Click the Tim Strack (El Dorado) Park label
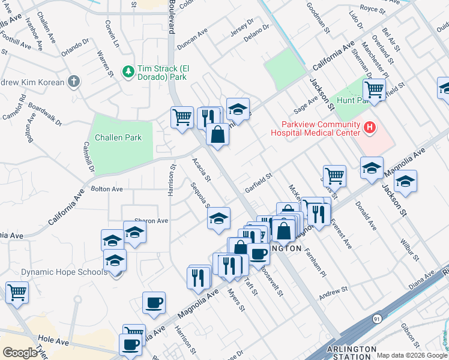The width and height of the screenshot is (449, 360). (x=163, y=73)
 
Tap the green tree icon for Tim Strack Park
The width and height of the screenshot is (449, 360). (x=128, y=72)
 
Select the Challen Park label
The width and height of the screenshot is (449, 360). (x=124, y=137)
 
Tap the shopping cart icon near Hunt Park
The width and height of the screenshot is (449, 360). (x=374, y=90)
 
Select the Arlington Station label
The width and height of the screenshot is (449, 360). (x=352, y=353)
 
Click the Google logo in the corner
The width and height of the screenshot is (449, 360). (x=20, y=352)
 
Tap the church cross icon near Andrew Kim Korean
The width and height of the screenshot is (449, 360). (x=73, y=81)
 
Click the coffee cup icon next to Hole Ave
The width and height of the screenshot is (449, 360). (x=130, y=344)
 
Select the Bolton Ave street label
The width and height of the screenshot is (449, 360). (x=106, y=189)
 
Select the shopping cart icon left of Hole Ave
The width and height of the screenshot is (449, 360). (x=17, y=293)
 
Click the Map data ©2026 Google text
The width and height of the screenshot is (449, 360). (x=412, y=355)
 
